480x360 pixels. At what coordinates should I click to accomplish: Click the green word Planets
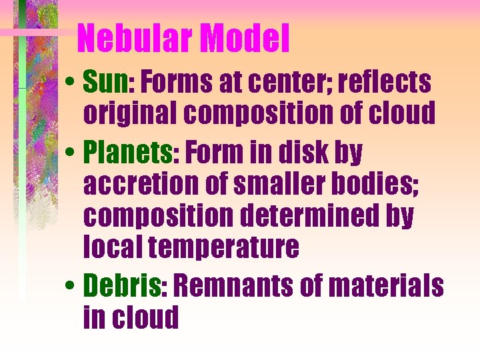tap(127, 153)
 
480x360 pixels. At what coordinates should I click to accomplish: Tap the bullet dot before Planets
tap(71, 154)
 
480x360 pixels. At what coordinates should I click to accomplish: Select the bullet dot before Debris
tap(71, 287)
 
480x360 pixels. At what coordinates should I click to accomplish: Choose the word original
tap(131, 114)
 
